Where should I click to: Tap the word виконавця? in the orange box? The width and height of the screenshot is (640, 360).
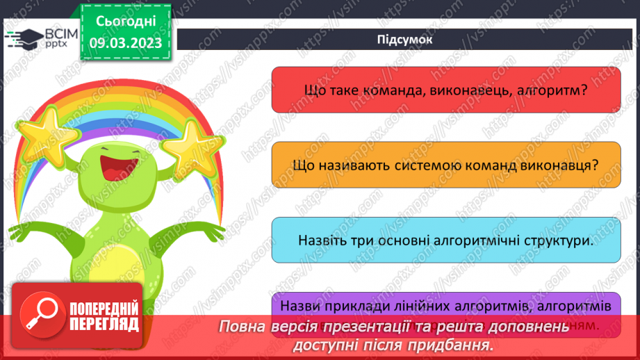561,165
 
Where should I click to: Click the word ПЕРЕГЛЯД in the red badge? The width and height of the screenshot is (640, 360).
104,324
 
